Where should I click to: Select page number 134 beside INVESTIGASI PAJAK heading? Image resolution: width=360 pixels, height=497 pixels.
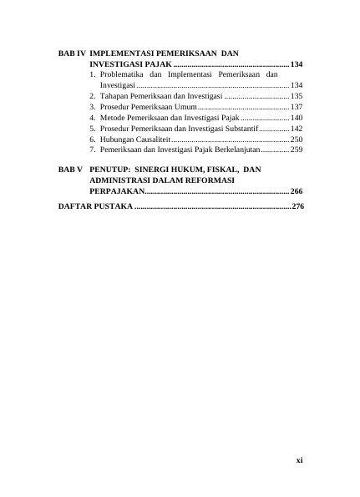coord(297,64)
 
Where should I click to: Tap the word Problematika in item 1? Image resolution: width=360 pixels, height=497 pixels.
coord(123,75)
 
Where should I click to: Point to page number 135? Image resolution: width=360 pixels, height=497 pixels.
coord(297,97)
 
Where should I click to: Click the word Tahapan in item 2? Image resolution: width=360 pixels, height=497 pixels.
coord(114,97)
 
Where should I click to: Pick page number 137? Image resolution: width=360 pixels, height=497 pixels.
coord(297,108)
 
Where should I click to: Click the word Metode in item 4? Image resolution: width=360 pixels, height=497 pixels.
coord(113,119)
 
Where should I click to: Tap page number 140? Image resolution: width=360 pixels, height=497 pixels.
coord(297,119)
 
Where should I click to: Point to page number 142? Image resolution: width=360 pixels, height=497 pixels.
coord(297,129)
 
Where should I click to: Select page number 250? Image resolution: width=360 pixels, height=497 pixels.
coord(297,139)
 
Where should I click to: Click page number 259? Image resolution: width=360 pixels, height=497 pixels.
coord(297,150)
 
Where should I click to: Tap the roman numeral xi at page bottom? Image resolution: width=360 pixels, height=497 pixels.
coord(298,459)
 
